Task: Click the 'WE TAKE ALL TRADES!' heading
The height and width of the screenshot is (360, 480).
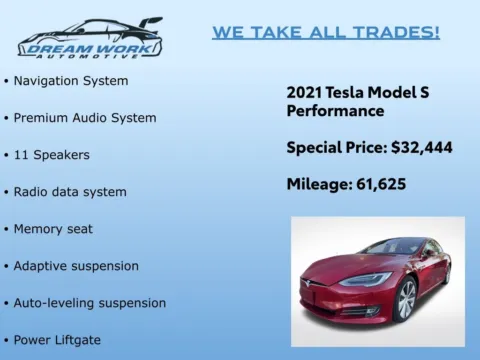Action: click(325, 32)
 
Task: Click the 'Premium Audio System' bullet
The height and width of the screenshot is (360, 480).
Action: click(84, 117)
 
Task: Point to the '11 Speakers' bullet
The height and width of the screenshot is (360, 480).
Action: click(52, 155)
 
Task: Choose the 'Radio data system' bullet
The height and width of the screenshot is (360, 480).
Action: click(70, 192)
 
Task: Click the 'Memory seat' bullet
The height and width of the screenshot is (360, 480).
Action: click(53, 229)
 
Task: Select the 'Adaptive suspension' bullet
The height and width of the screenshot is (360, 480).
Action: click(76, 266)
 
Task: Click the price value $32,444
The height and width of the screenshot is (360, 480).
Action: click(421, 148)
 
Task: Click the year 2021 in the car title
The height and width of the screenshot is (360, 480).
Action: click(304, 92)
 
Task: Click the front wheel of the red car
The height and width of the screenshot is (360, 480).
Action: click(405, 300)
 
